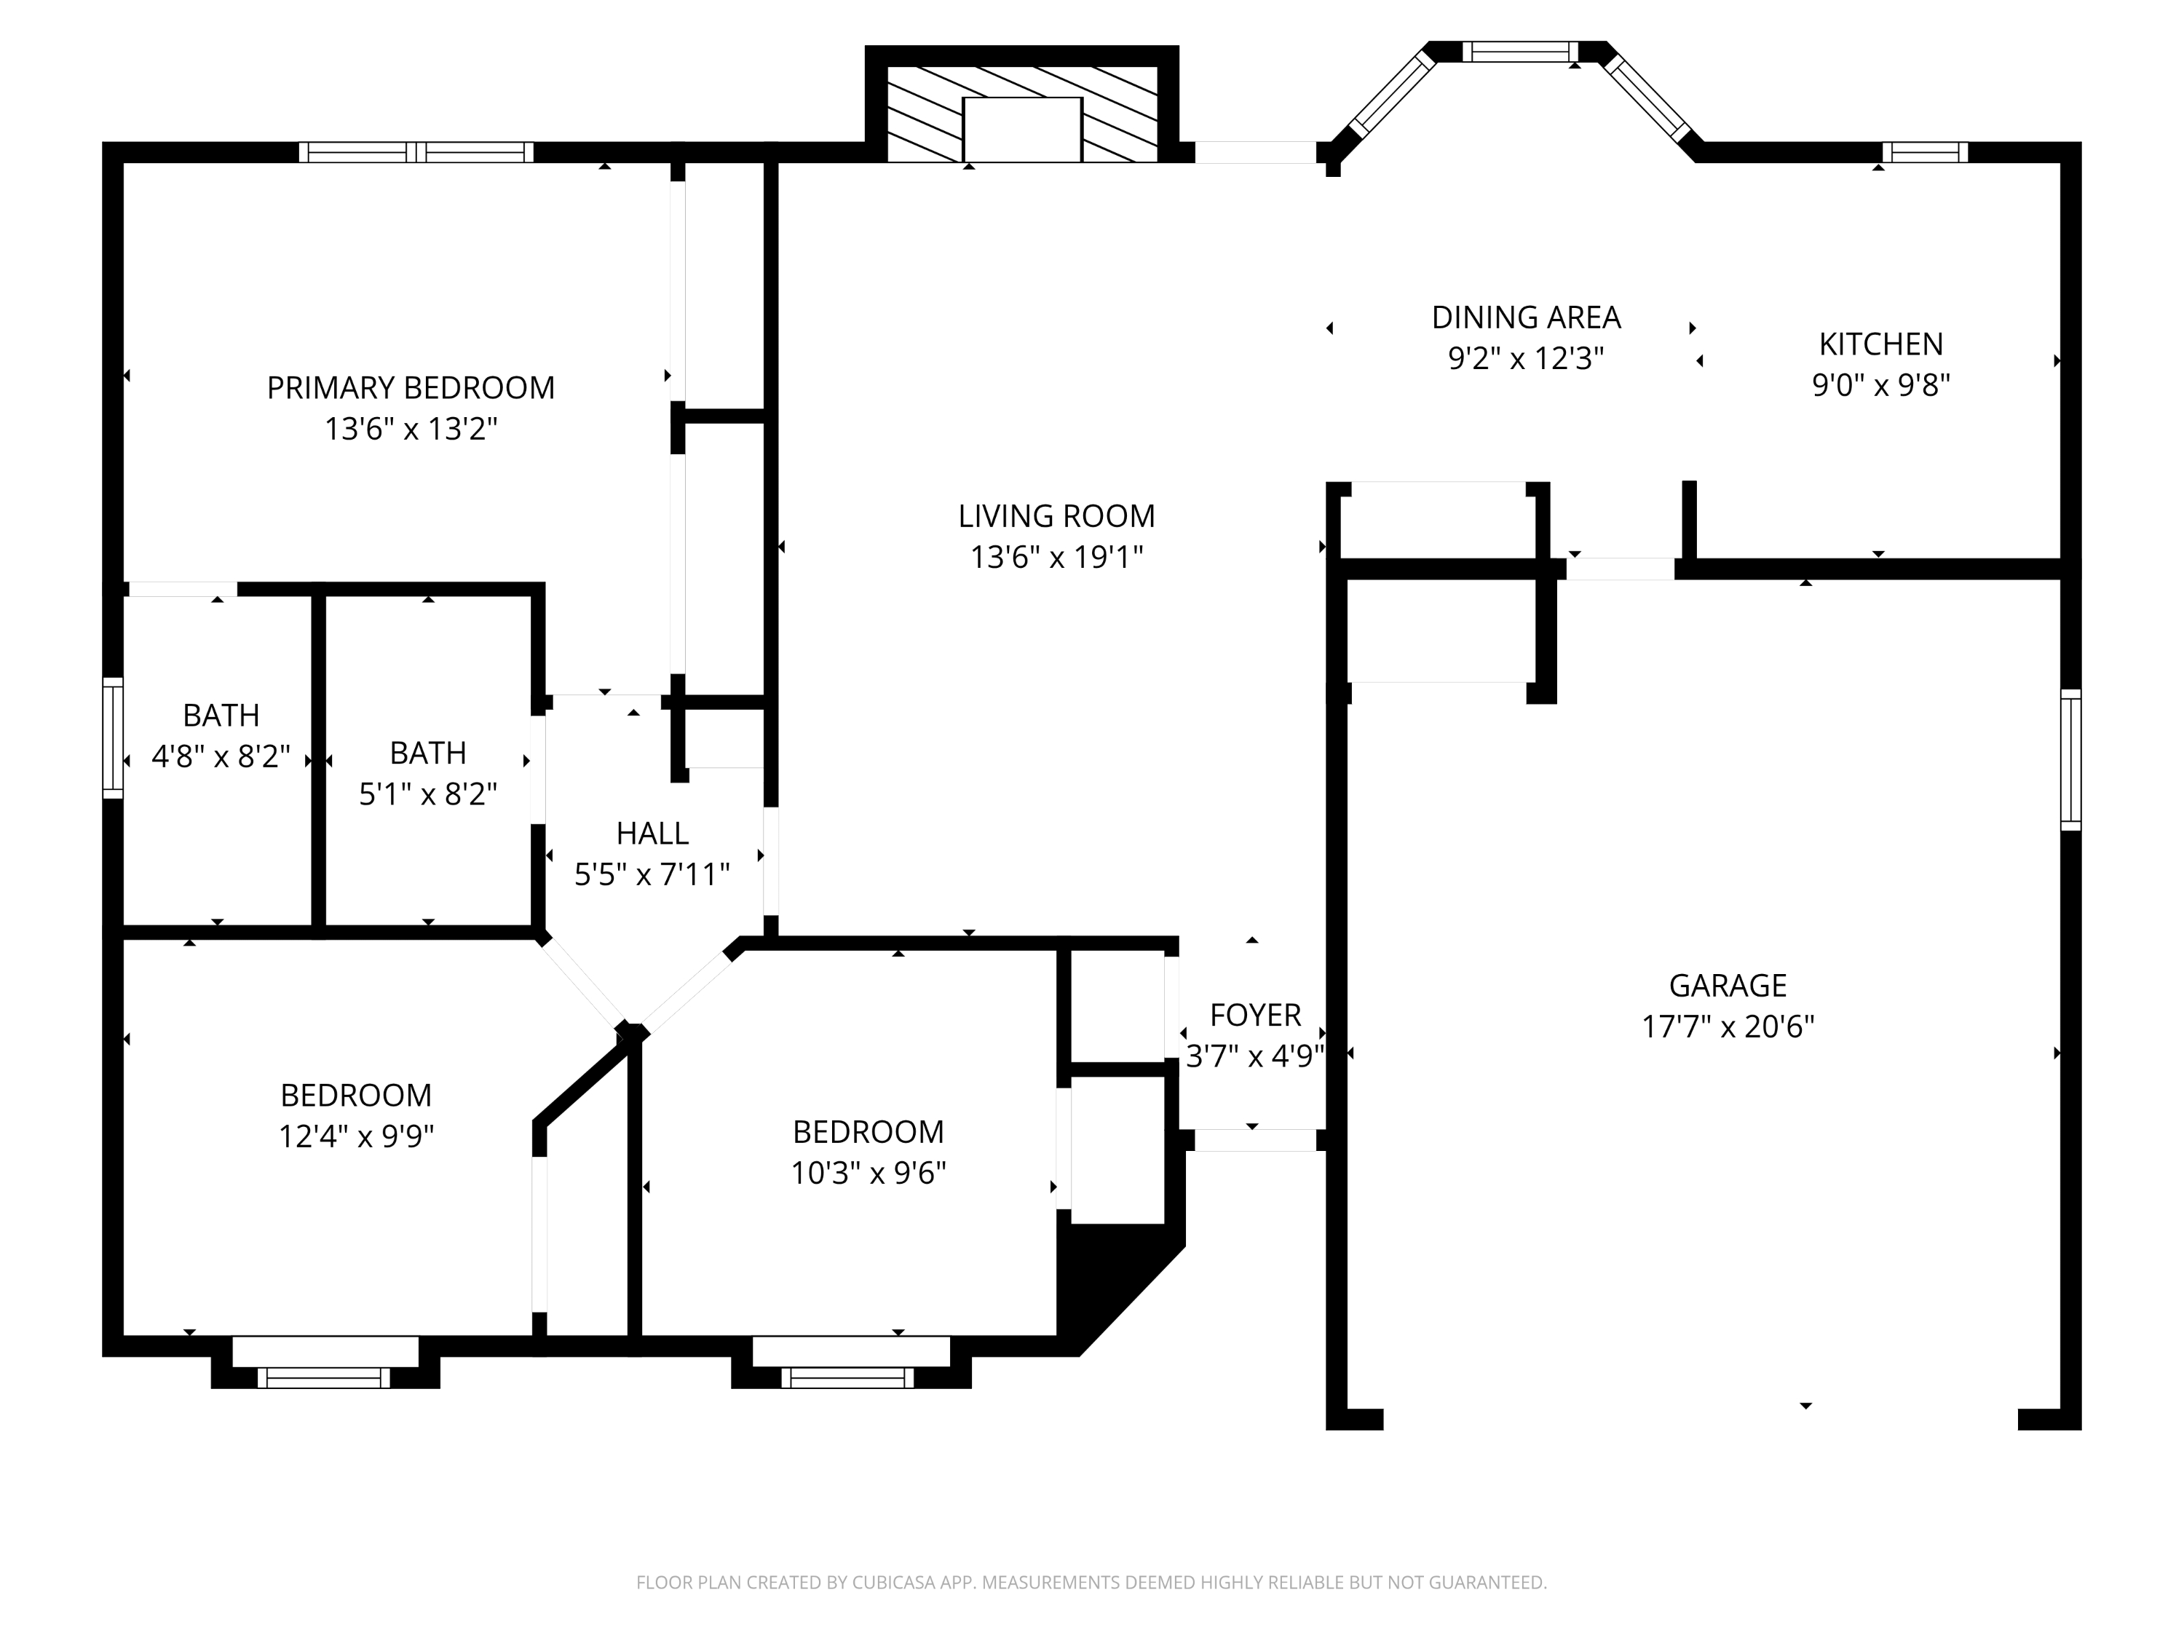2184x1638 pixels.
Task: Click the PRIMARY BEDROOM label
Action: tap(411, 387)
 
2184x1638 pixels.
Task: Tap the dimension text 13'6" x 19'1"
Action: tap(1056, 557)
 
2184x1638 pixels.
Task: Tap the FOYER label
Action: tap(1255, 1014)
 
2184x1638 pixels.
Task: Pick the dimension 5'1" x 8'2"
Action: tap(427, 794)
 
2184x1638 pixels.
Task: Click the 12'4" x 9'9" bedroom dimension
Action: tap(357, 1136)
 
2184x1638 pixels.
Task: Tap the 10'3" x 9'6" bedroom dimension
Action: tap(868, 1173)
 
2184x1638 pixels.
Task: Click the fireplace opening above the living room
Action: tap(1022, 130)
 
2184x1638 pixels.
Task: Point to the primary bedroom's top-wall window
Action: tap(416, 152)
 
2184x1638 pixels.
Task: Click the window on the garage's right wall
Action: tap(2070, 759)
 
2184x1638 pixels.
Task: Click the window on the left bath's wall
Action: tap(114, 737)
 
